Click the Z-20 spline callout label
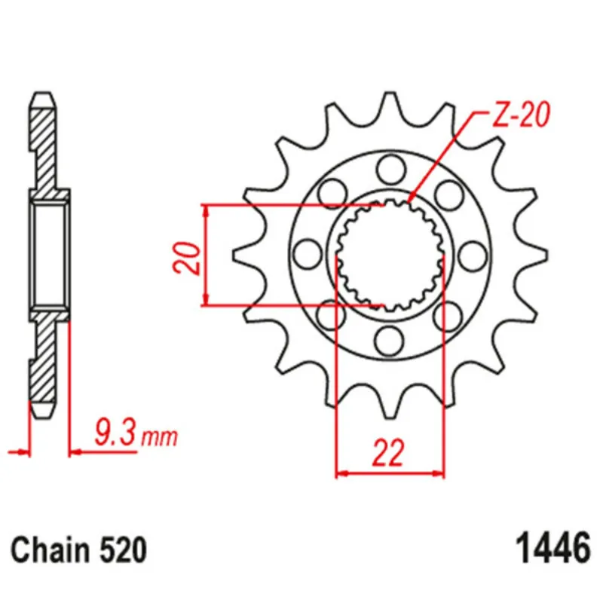521,115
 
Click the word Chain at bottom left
51,550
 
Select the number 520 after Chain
123,550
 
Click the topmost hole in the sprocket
390,169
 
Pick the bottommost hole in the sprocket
390,341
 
